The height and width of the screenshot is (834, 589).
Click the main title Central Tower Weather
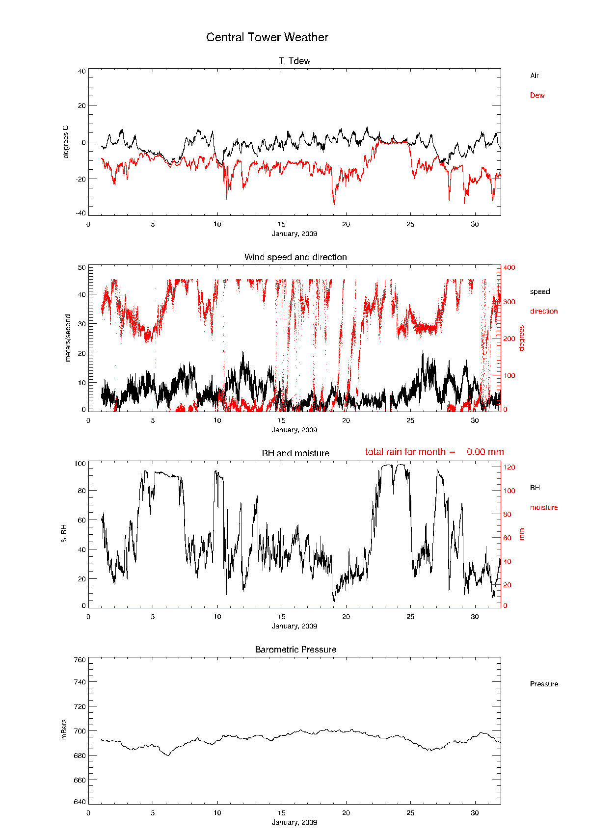[x=267, y=37]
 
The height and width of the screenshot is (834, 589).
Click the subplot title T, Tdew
[x=294, y=61]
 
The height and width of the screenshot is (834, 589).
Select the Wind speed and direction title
[x=295, y=257]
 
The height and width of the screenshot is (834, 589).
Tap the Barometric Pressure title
[x=295, y=650]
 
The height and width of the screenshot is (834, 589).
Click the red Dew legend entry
[x=537, y=95]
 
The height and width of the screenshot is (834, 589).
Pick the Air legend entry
[x=535, y=76]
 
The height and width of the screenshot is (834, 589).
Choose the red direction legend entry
[x=544, y=311]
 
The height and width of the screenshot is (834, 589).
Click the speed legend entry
[x=540, y=291]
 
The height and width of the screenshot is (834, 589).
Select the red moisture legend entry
[x=544, y=507]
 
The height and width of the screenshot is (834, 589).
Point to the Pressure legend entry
[x=544, y=684]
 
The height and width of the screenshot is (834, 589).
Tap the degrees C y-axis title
[x=66, y=142]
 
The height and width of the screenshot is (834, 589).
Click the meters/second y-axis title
[x=68, y=338]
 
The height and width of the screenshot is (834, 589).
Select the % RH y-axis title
[x=64, y=533]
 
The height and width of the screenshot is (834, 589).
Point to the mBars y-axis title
[x=64, y=730]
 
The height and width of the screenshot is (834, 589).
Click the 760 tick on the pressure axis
[x=80, y=660]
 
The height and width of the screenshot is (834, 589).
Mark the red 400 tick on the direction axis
[x=509, y=267]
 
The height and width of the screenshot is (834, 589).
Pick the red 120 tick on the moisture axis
[x=509, y=467]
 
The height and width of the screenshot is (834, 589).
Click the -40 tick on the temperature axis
[x=80, y=213]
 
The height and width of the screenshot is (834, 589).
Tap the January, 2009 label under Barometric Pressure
[x=294, y=822]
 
